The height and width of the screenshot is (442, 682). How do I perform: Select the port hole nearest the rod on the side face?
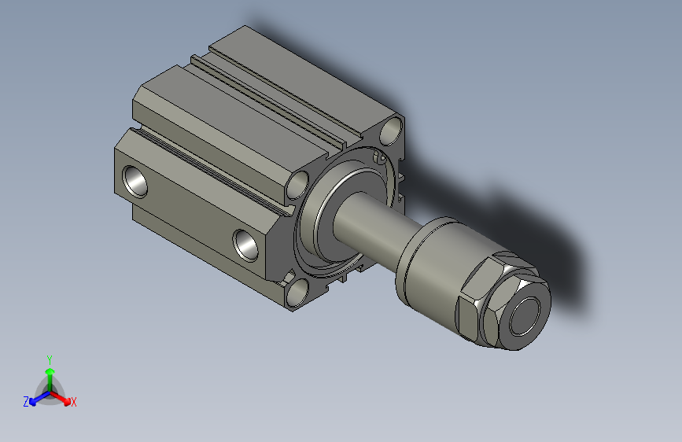pos(246,243)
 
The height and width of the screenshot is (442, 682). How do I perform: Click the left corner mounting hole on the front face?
pos(299,186)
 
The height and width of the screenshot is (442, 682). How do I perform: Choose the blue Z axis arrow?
pos(35,400)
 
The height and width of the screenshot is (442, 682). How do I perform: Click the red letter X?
pos(74,403)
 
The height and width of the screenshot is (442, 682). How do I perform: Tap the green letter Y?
pos(50,358)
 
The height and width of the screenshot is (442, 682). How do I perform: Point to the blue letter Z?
pos(26,402)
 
